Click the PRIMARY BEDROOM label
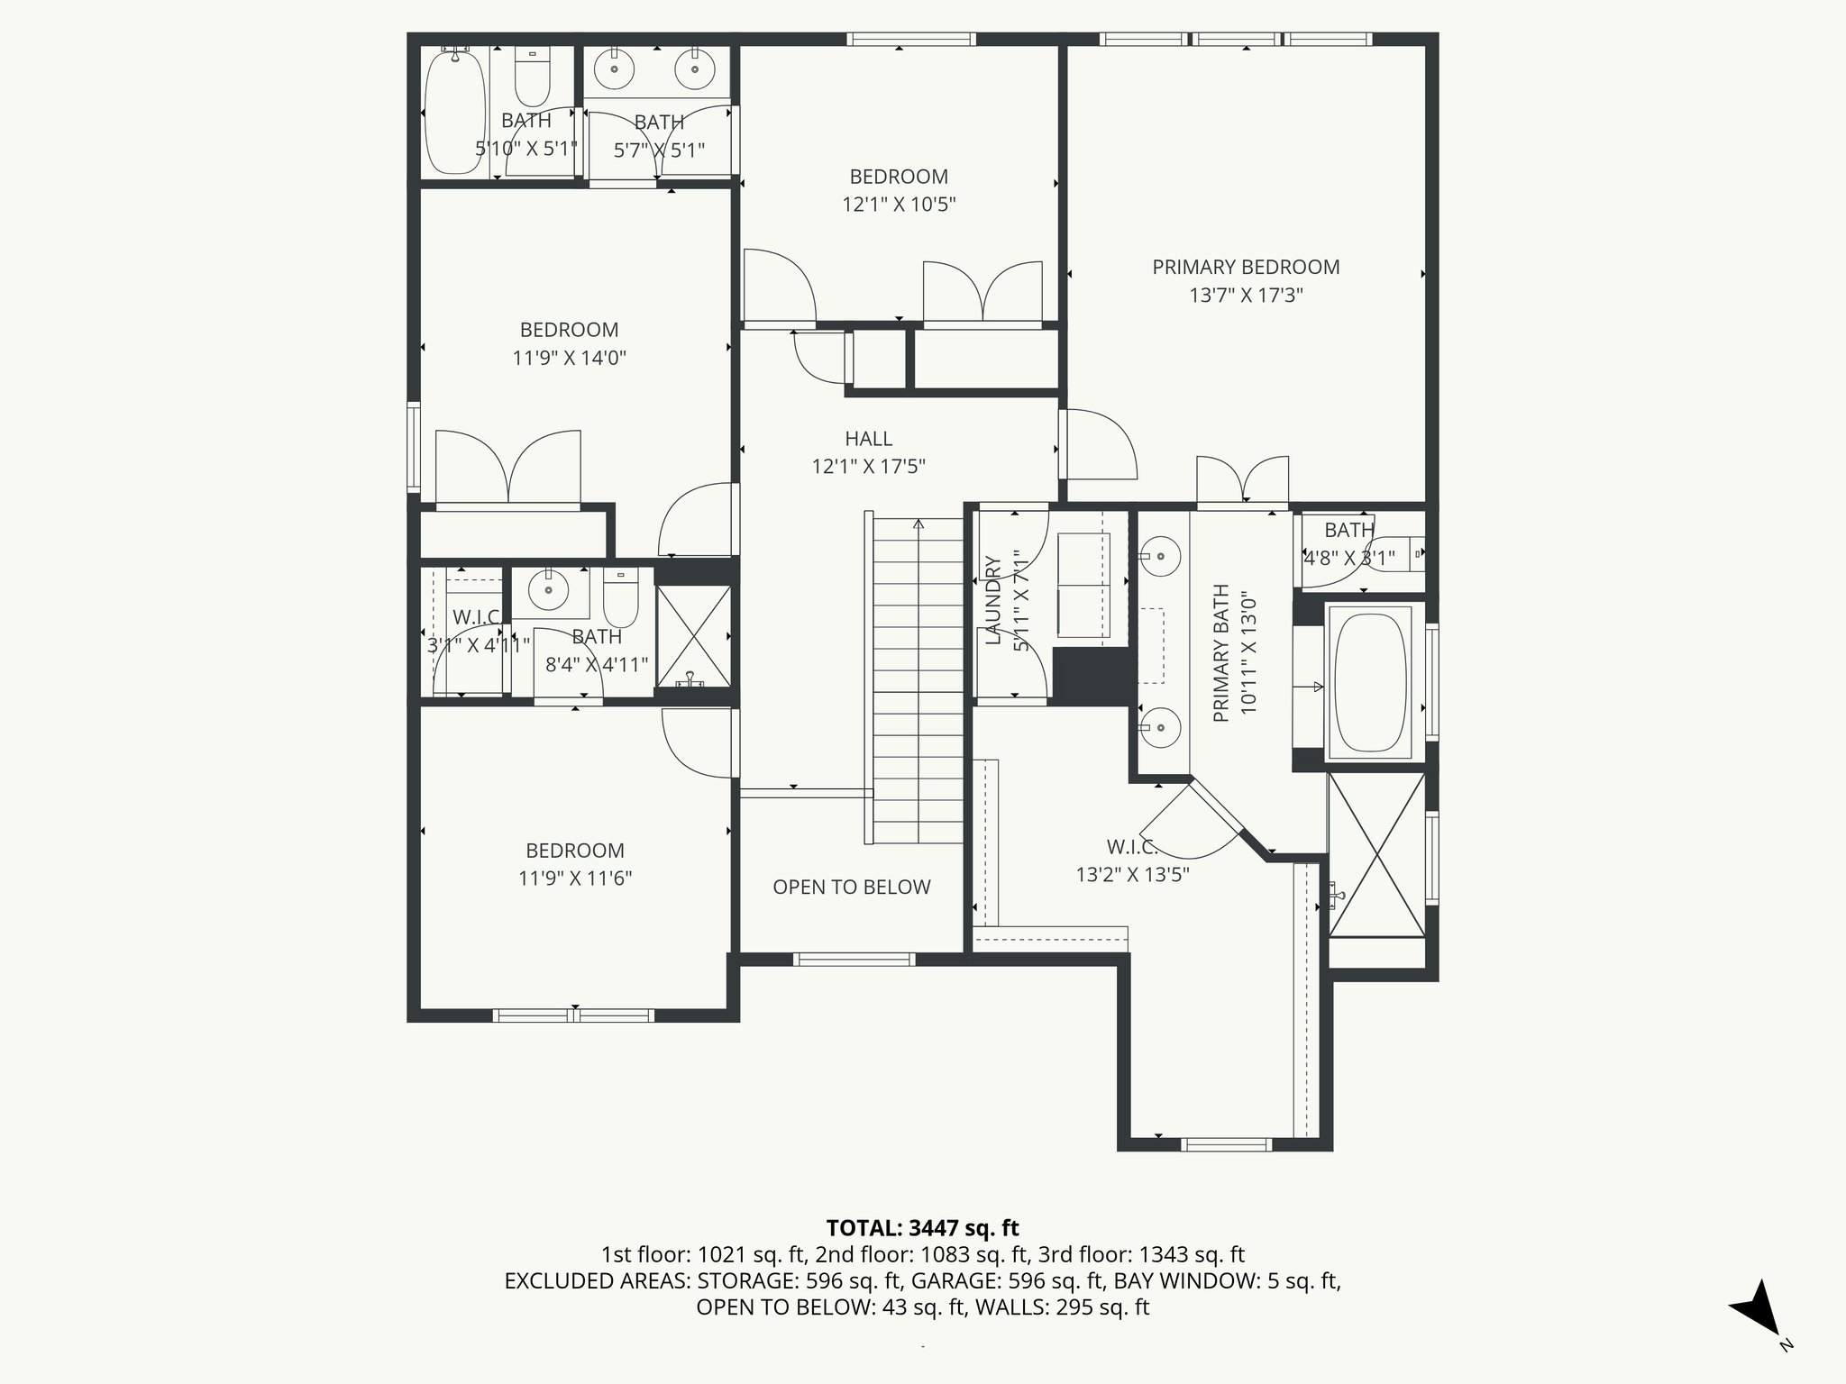click(x=1246, y=267)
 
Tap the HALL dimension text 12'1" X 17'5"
click(x=868, y=467)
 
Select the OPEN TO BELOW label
click(x=851, y=887)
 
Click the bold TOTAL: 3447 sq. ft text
click(x=922, y=1227)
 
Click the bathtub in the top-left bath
click(x=455, y=114)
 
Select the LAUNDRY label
click(x=993, y=600)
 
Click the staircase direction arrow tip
click(x=918, y=522)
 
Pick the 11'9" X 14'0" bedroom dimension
click(x=569, y=358)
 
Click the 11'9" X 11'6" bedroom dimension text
click(x=575, y=879)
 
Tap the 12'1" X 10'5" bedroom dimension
click(x=899, y=205)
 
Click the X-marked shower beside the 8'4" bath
click(x=692, y=635)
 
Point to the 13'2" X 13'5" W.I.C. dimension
click(x=1132, y=875)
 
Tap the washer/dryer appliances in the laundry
click(x=1083, y=586)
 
